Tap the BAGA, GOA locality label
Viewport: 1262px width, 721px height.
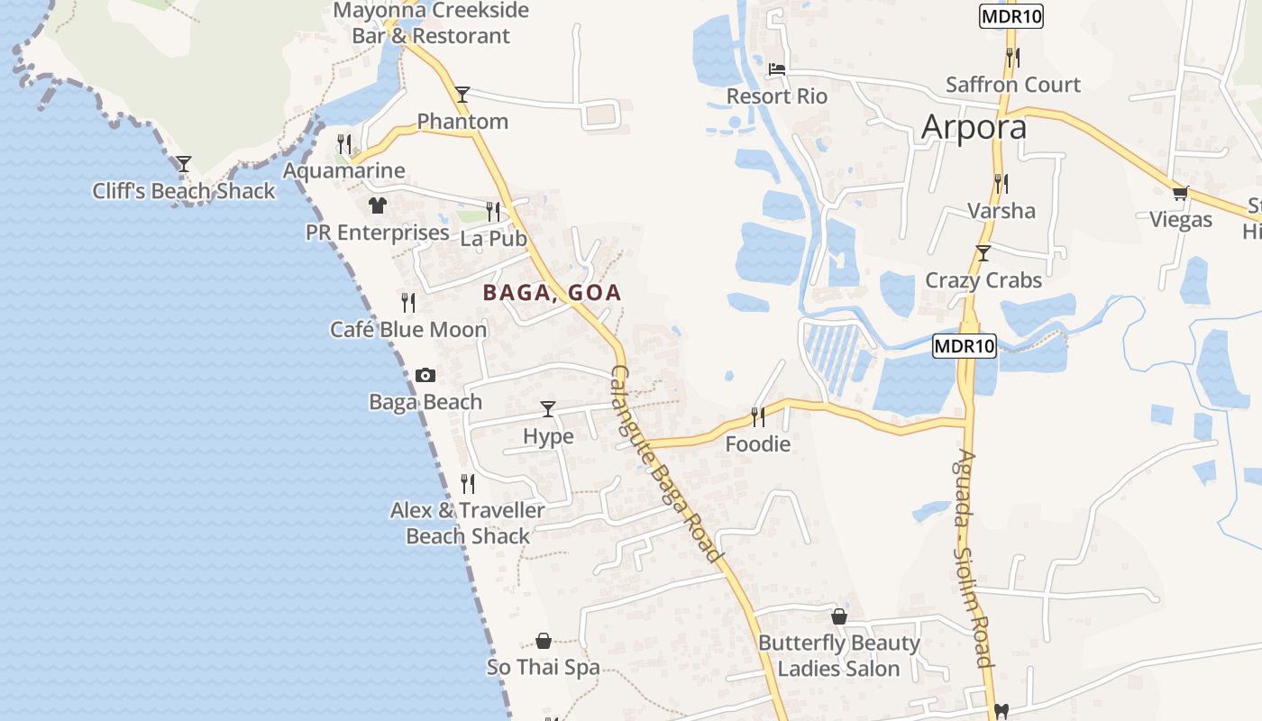tap(552, 293)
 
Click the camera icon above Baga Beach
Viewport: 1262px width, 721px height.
tap(425, 375)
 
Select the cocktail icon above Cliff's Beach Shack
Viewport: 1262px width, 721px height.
tap(184, 164)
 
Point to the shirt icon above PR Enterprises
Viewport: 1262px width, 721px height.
tap(377, 205)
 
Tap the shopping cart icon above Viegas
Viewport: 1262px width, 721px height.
tap(1180, 193)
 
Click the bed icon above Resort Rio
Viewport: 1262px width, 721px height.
tap(777, 68)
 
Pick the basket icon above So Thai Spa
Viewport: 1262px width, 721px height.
tap(544, 641)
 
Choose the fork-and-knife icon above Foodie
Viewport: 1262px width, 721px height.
tap(758, 416)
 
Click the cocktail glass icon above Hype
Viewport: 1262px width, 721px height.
tap(548, 409)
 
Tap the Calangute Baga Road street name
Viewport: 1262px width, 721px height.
tap(667, 464)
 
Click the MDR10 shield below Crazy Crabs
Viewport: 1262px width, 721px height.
tap(964, 345)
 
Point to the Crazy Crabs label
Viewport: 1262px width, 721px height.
tap(983, 280)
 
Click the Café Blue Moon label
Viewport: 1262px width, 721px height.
tap(408, 329)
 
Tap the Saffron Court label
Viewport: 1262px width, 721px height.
tap(1013, 85)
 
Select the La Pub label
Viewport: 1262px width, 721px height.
tap(493, 239)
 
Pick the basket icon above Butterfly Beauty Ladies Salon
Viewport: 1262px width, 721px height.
tap(839, 616)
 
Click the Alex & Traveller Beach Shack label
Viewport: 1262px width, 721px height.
tap(467, 523)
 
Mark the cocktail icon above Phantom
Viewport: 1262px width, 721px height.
tap(462, 94)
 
